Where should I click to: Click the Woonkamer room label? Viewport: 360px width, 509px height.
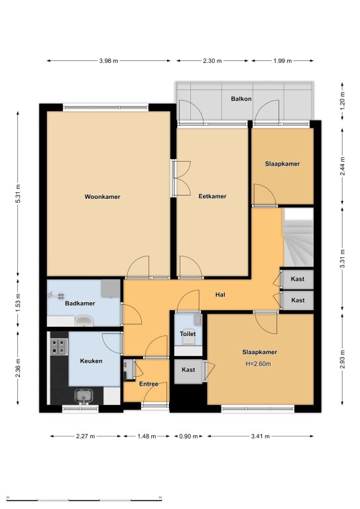102,197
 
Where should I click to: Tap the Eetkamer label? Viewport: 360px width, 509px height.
212,196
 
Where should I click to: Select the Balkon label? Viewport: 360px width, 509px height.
241,99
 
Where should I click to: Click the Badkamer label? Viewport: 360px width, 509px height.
80,304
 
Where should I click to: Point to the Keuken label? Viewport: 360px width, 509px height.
91,361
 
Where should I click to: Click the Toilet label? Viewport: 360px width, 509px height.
188,334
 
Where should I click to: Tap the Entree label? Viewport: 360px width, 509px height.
149,384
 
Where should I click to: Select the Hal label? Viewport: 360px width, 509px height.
220,295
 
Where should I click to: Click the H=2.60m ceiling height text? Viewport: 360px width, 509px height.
258,364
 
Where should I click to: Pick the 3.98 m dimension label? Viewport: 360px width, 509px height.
109,61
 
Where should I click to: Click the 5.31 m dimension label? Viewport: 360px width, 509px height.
18,194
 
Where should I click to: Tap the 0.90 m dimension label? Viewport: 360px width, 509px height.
188,436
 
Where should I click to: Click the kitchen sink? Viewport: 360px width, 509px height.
84,396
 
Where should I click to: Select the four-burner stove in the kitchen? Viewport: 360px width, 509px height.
59,347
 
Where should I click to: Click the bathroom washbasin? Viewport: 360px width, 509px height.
84,321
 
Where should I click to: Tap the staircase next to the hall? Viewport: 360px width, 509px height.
298,238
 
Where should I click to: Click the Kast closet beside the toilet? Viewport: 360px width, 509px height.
188,371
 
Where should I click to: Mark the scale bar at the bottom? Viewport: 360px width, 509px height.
84,498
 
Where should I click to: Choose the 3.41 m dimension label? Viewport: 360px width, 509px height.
261,436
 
